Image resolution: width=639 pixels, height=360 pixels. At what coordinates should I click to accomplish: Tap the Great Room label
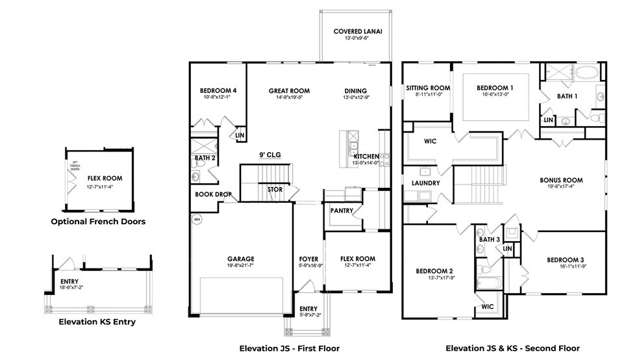pyautogui.click(x=289, y=91)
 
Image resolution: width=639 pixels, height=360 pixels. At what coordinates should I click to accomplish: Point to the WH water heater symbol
pyautogui.click(x=197, y=219)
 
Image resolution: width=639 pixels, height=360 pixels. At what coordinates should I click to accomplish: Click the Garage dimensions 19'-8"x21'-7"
pyautogui.click(x=240, y=266)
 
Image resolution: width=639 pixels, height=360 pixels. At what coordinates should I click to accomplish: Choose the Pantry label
pyautogui.click(x=342, y=211)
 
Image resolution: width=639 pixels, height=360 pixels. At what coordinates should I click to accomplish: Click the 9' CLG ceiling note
pyautogui.click(x=269, y=155)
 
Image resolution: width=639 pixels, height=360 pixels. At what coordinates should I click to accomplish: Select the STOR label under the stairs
pyautogui.click(x=275, y=189)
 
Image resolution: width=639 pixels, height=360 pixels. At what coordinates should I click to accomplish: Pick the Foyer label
pyautogui.click(x=308, y=259)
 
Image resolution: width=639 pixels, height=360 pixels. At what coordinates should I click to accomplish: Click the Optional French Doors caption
pyautogui.click(x=98, y=222)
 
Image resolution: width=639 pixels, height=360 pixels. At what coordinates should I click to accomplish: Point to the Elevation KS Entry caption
pyautogui.click(x=97, y=322)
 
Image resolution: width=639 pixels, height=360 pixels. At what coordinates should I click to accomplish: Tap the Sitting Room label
pyautogui.click(x=428, y=88)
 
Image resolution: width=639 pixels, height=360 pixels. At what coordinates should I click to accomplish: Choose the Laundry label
pyautogui.click(x=425, y=183)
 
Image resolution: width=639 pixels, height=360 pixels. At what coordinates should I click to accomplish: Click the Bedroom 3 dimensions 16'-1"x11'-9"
pyautogui.click(x=567, y=266)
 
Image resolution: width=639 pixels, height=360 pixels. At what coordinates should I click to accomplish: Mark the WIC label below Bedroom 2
pyautogui.click(x=488, y=306)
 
